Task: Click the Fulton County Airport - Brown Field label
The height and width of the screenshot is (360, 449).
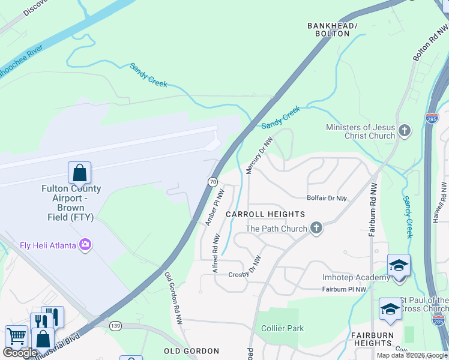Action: (71, 203)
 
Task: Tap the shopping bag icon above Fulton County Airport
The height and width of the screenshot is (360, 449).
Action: (79, 173)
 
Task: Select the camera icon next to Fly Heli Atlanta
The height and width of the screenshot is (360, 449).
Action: (85, 244)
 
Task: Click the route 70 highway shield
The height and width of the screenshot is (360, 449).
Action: (212, 181)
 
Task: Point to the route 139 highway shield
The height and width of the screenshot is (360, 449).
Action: (116, 325)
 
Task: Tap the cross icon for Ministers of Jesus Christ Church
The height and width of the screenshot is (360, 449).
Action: (405, 130)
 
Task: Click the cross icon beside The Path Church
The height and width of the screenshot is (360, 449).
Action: (316, 228)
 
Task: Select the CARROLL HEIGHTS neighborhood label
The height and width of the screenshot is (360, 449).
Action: (265, 214)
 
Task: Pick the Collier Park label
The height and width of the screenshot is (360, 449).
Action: (282, 328)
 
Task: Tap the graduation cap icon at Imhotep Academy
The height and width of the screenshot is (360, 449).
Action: (399, 266)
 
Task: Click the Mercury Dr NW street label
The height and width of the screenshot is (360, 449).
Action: (259, 155)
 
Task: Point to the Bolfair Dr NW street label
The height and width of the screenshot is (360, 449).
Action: (327, 198)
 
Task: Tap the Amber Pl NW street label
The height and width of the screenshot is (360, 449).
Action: (214, 208)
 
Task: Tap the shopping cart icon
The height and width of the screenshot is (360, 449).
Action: (16, 337)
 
